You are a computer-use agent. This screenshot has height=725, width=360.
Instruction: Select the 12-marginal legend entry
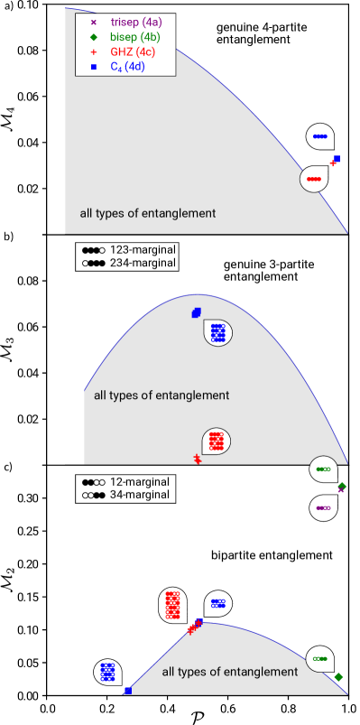125,482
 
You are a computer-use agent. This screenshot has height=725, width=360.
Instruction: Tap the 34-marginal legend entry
125,496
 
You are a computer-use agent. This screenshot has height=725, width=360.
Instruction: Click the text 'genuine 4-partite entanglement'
262,34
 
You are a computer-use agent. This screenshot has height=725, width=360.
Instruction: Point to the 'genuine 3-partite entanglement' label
262,270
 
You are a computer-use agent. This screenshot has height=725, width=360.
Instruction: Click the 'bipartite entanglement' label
272,555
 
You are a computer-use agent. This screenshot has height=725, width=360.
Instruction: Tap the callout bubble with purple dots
323,508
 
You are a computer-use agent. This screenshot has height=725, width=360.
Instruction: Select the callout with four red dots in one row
314,179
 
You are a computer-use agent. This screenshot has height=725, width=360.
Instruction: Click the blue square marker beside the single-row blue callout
337,159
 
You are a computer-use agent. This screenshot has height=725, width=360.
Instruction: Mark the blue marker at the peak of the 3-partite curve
197,312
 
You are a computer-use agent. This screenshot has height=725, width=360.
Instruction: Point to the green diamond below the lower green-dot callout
338,677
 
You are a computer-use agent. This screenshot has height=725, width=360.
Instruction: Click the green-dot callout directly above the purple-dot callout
323,469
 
